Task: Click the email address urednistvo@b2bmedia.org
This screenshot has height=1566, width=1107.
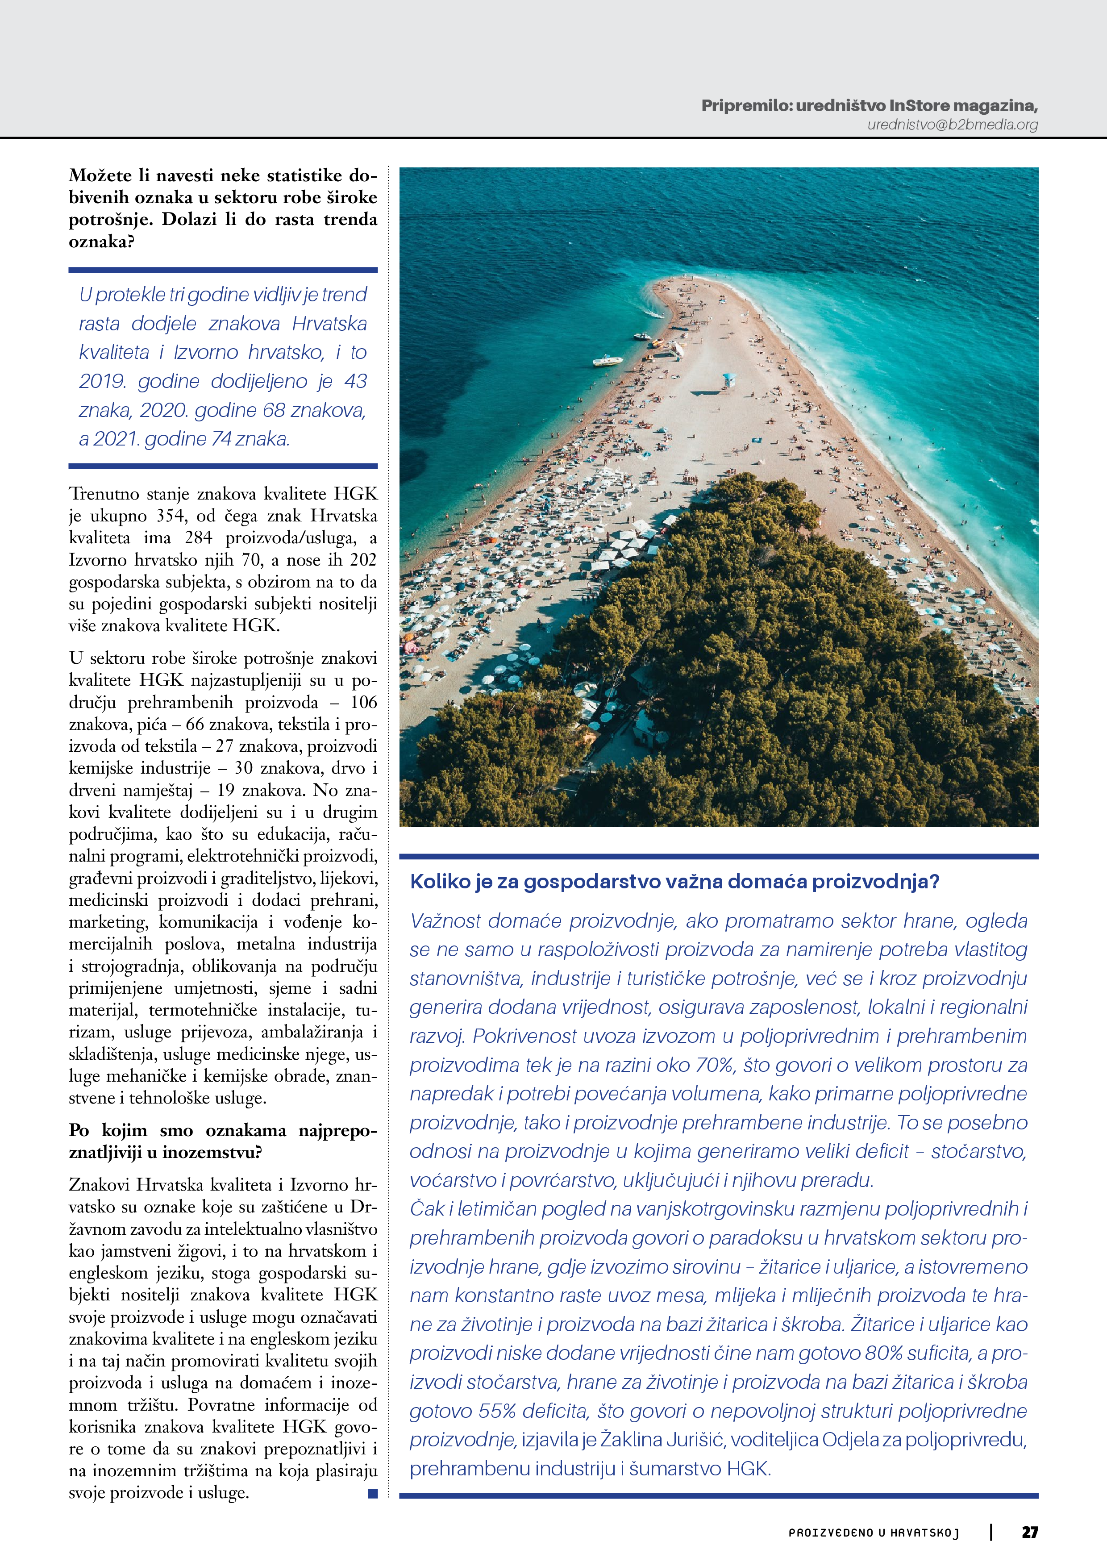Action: pyautogui.click(x=952, y=125)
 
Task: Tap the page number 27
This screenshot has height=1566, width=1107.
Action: pyautogui.click(x=1029, y=1532)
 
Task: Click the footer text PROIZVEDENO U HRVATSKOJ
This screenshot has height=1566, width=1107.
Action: pyautogui.click(x=874, y=1533)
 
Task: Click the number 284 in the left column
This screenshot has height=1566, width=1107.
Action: pyautogui.click(x=199, y=537)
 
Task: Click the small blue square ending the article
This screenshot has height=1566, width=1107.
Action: pyautogui.click(x=372, y=1493)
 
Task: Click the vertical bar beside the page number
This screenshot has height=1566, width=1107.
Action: pyautogui.click(x=991, y=1532)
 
